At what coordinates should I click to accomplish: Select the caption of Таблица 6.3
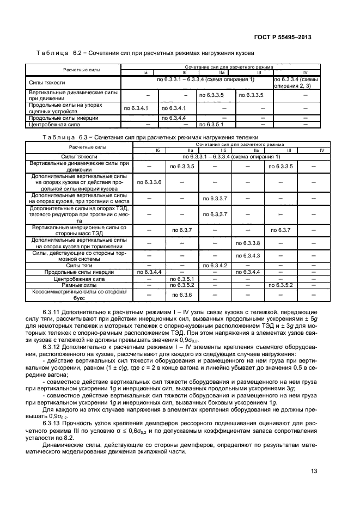pos(150,138)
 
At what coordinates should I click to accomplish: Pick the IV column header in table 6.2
pos(304,72)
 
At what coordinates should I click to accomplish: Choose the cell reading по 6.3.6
pos(183,295)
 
